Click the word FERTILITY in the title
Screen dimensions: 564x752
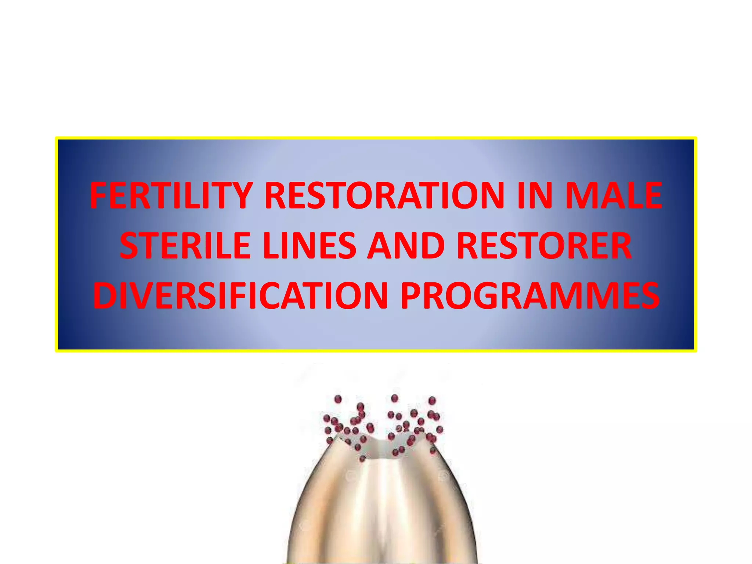171,196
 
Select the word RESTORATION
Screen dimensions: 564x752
384,196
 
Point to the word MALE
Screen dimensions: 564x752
614,196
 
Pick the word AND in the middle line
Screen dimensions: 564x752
406,246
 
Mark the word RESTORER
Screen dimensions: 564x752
544,246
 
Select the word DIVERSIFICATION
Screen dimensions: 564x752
240,296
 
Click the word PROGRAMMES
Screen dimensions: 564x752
530,296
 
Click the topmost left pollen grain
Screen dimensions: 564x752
338,399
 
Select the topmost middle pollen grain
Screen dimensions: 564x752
394,398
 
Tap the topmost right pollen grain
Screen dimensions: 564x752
432,400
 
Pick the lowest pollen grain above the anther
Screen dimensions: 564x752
362,459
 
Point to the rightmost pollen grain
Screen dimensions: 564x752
440,429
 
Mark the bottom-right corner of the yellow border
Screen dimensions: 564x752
695,351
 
